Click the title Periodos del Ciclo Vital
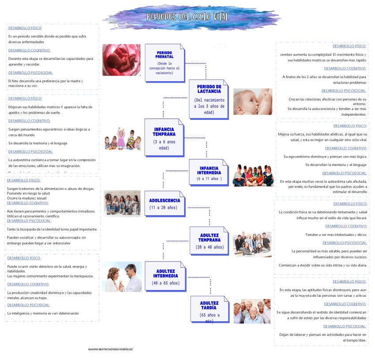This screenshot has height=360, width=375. tap(188, 17)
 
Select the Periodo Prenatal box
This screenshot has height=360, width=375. tap(164, 63)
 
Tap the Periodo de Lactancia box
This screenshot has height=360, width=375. tap(209, 99)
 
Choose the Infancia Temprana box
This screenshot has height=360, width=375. tap(164, 137)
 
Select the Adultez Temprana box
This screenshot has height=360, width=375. tap(209, 241)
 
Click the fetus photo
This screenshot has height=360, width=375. tap(121, 60)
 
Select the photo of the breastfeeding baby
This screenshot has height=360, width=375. tap(253, 102)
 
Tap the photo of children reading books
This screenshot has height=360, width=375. tap(253, 175)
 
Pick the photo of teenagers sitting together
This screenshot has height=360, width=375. tap(122, 203)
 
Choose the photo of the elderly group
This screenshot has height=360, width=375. tap(252, 311)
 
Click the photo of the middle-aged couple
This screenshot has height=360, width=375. tap(122, 277)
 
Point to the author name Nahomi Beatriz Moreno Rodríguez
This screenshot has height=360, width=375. tap(111, 349)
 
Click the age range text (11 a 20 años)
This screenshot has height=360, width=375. tap(163, 208)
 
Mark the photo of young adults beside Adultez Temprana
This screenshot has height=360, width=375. tap(252, 243)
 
